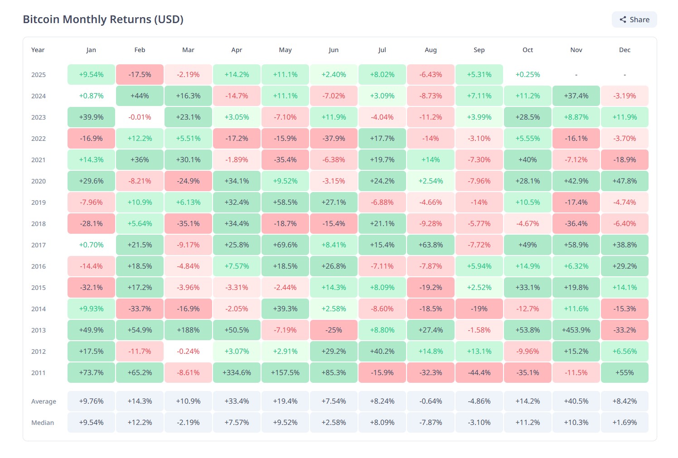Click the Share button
(634, 19)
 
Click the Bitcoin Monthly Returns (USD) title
(103, 19)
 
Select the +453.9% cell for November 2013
(576, 330)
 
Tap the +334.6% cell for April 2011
(237, 373)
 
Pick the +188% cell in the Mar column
(188, 330)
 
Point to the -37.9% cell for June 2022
(334, 139)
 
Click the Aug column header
(431, 50)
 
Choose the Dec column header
(625, 50)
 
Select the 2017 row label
(39, 245)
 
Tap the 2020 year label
(39, 181)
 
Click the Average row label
(44, 401)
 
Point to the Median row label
(43, 423)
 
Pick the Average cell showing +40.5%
(576, 401)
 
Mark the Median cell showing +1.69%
(625, 423)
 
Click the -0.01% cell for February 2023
(140, 117)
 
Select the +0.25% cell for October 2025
(528, 75)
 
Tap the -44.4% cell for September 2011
(479, 373)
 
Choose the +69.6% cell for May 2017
(285, 245)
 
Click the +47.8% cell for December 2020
(625, 181)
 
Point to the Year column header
(38, 50)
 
